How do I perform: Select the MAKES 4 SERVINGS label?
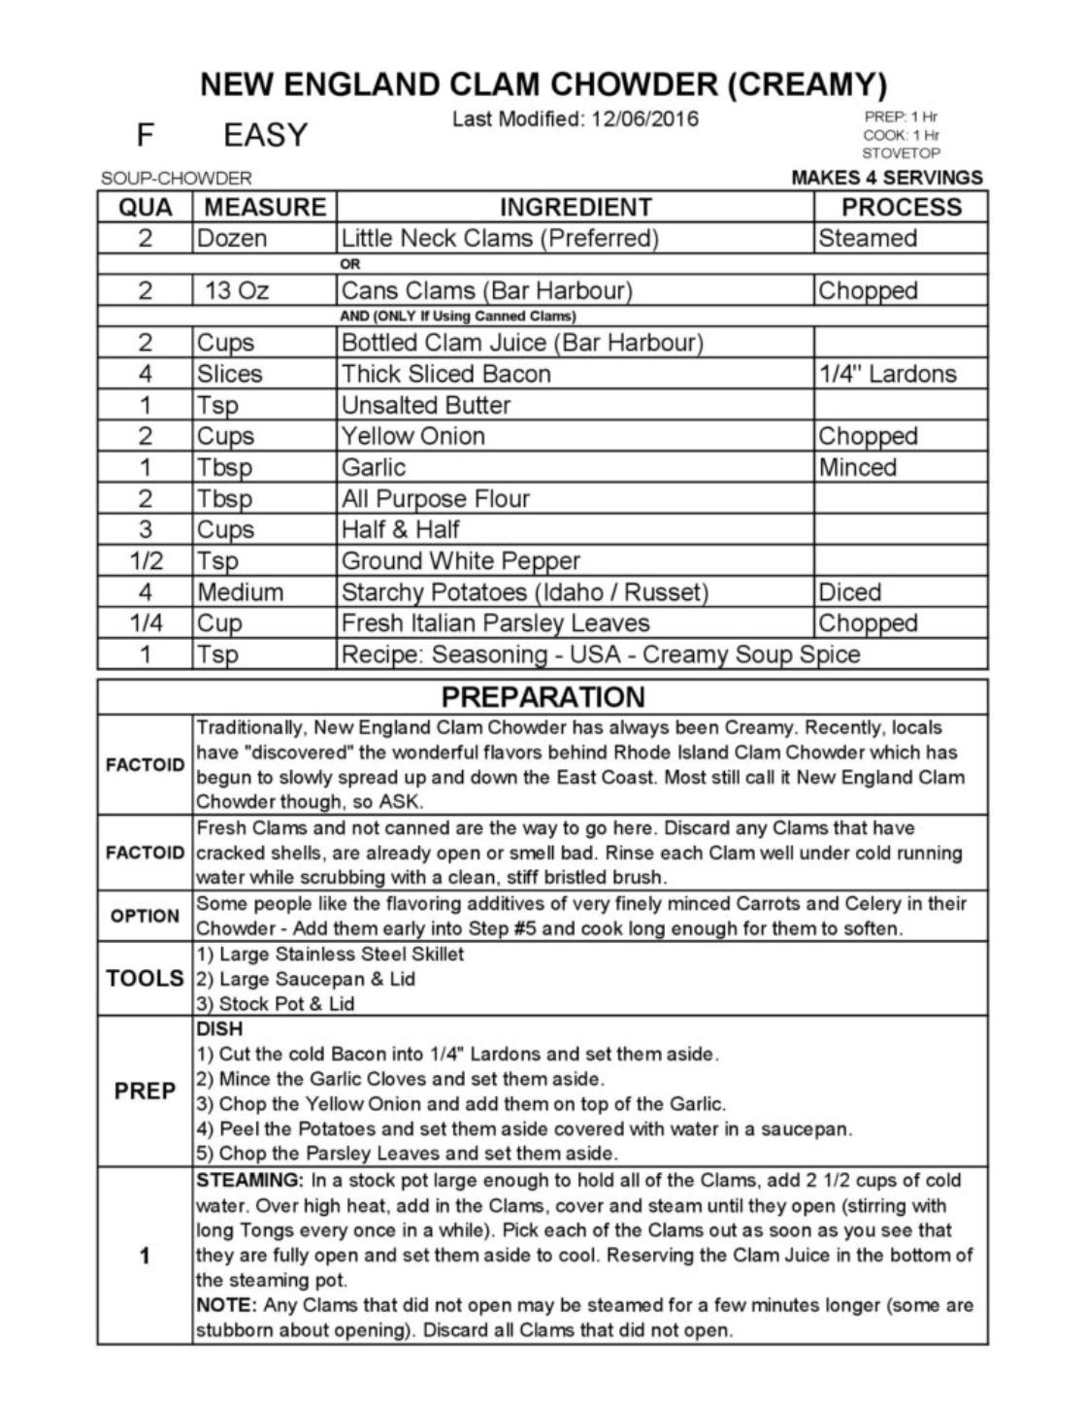887,178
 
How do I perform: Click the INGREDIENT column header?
576,207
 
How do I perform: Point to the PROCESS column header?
901,207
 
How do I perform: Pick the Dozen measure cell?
232,239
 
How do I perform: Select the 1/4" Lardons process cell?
887,374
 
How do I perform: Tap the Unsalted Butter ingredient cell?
425,405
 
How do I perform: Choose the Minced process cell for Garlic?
857,467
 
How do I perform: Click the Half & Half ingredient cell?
400,529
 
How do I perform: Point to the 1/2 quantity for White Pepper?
145,561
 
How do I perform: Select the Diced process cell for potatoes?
850,592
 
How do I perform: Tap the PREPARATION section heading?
543,697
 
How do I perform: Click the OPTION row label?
145,916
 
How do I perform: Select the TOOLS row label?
145,979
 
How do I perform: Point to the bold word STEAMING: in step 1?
250,1181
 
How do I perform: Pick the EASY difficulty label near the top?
265,135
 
